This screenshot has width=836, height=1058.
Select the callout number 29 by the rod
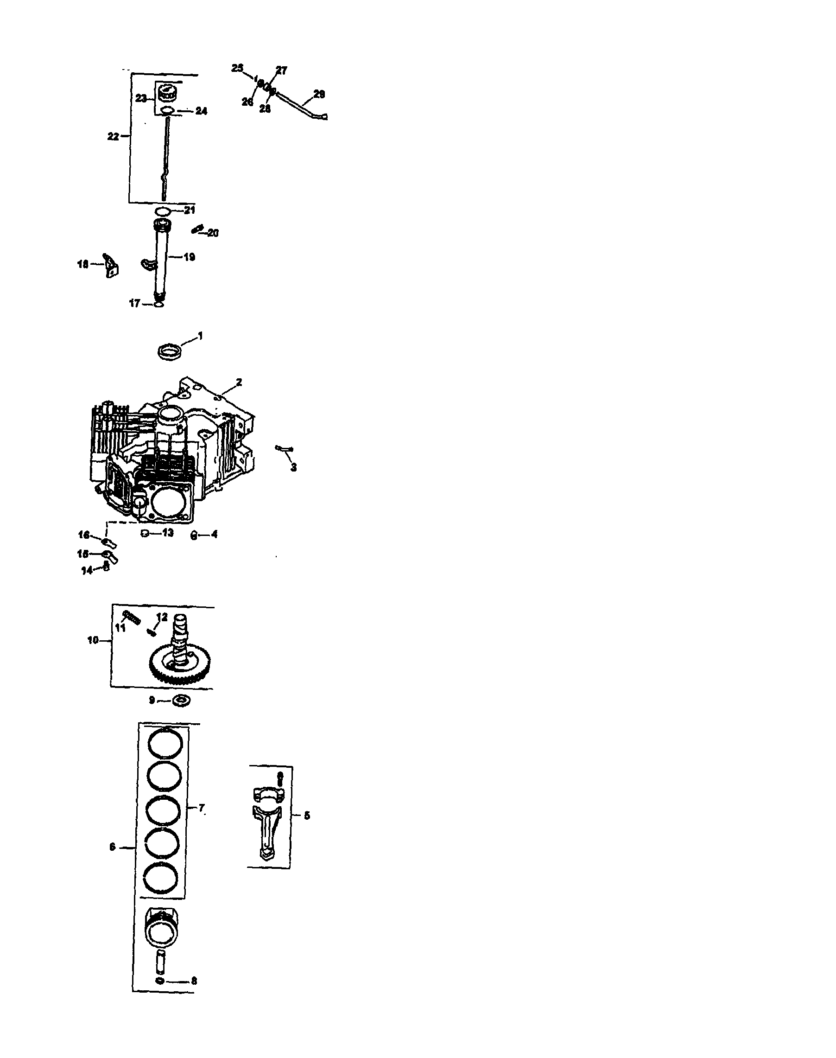[x=319, y=94]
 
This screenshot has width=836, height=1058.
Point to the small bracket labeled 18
[x=111, y=265]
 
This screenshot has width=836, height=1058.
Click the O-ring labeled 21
[x=163, y=211]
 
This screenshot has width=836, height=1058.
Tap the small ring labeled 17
[x=158, y=304]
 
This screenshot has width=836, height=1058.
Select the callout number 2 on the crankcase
[x=239, y=382]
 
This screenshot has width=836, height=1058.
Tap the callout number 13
[x=167, y=533]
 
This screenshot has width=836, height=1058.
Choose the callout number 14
[x=87, y=570]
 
